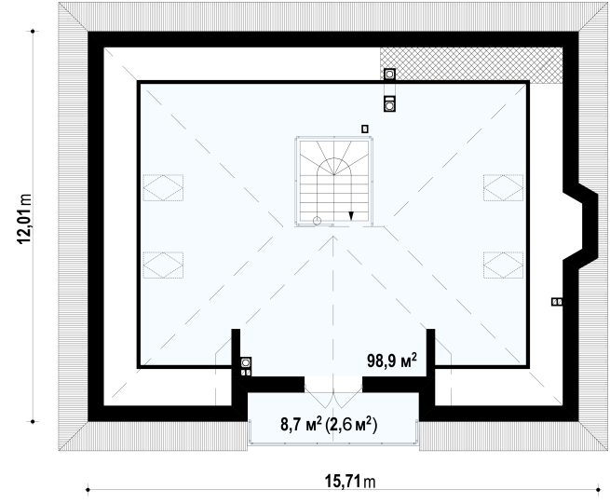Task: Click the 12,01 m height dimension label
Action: tap(24, 219)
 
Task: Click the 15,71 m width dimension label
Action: tap(350, 482)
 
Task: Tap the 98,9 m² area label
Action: tap(392, 361)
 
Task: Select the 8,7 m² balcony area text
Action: tap(301, 424)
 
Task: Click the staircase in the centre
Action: tap(333, 182)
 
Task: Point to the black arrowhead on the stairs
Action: tap(351, 215)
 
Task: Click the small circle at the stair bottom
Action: tap(317, 221)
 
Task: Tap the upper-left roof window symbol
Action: tap(163, 187)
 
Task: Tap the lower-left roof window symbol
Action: tap(163, 265)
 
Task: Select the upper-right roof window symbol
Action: tap(504, 187)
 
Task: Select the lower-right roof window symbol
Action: tap(504, 265)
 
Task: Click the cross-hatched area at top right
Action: tap(471, 64)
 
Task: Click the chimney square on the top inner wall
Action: tap(389, 74)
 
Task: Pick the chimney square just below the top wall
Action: tap(389, 104)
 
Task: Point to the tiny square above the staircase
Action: tap(364, 129)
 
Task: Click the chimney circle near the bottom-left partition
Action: tap(246, 362)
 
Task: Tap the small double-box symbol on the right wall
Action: tap(557, 302)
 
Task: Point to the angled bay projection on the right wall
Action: tap(582, 225)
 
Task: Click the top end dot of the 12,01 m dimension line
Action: tap(33, 31)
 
